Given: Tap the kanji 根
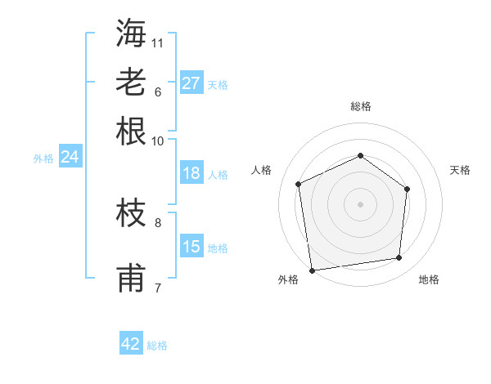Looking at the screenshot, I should click(x=131, y=131).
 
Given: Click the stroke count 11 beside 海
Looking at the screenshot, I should click(x=158, y=42).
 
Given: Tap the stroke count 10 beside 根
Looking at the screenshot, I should click(x=158, y=140).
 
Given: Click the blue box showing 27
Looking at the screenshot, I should click(x=191, y=83).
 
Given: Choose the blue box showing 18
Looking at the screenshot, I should click(x=191, y=172).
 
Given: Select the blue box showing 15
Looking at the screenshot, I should click(x=191, y=246).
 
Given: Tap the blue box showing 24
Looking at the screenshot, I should click(x=70, y=157).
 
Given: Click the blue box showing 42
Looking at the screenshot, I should click(x=130, y=344).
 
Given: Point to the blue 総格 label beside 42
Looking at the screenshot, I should click(x=157, y=346).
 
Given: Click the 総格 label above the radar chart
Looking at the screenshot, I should click(x=360, y=106).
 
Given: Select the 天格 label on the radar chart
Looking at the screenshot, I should click(x=460, y=170).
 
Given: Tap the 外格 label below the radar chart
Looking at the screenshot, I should click(x=288, y=279).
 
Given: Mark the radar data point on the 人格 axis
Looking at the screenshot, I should click(x=299, y=184).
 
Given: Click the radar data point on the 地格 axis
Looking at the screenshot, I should click(x=399, y=258).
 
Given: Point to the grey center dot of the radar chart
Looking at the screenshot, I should click(x=360, y=204).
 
